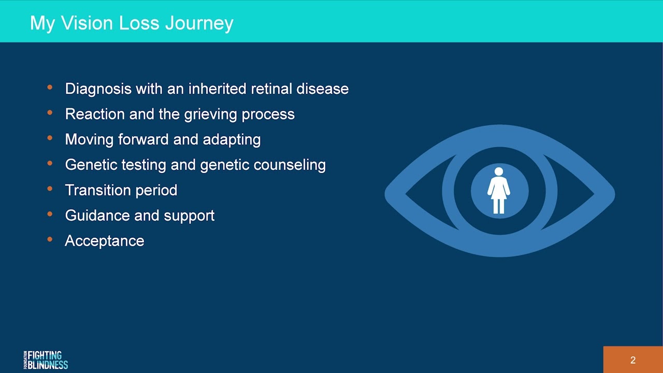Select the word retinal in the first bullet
click(x=271, y=89)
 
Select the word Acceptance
click(x=105, y=241)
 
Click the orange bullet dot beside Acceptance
click(x=50, y=240)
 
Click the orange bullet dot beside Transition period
click(x=50, y=189)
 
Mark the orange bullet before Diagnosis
click(x=50, y=88)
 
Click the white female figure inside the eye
click(x=499, y=192)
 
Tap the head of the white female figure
click(x=499, y=171)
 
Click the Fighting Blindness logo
click(x=46, y=360)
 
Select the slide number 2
click(x=632, y=361)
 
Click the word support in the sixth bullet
click(x=189, y=216)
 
